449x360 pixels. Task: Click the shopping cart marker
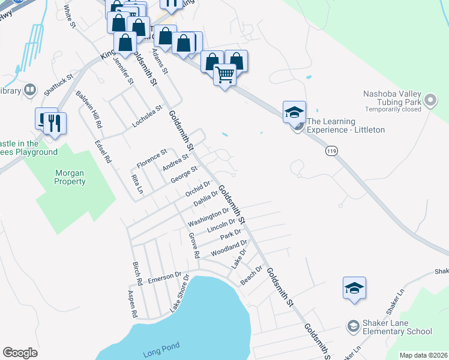tap(224, 75)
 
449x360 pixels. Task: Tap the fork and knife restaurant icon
tap(55, 124)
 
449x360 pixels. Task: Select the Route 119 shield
tap(331, 152)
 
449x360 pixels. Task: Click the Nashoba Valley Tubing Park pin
tap(430, 101)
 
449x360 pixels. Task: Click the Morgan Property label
tap(70, 177)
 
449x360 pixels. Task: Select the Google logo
tap(20, 353)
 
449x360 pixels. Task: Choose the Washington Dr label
tap(208, 217)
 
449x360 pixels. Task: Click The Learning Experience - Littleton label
tap(346, 125)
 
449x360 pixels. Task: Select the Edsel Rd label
tap(103, 152)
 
